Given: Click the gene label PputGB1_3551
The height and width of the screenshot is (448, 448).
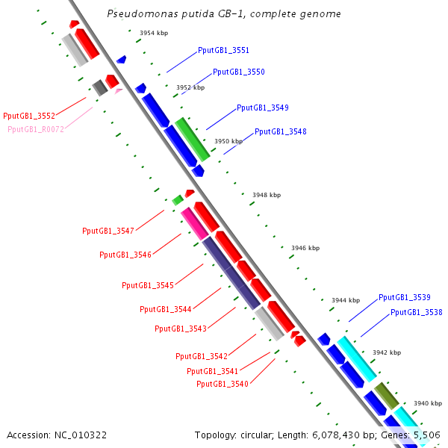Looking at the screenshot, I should coord(223,51).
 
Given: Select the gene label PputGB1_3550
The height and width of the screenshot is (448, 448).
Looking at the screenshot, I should coord(238,72).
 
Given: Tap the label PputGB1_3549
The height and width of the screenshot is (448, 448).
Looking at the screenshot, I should coord(262,108).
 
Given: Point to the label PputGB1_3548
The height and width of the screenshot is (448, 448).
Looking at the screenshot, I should coord(280,131).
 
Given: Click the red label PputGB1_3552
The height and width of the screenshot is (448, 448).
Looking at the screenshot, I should coord(29,116).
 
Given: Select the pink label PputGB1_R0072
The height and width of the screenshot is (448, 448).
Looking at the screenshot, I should coord(36,129).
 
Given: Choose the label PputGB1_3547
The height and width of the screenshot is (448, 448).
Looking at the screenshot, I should coord(108,231).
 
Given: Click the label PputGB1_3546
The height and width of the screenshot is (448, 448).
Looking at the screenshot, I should coord(125,255).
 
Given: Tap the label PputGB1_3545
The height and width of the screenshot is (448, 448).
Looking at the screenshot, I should coord(148,285).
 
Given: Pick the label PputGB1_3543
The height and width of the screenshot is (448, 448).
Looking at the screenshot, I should coord(181,329).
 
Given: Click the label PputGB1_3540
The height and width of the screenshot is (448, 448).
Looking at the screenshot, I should coord(223,384).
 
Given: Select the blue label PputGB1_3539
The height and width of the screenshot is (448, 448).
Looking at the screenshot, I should coord(404,297).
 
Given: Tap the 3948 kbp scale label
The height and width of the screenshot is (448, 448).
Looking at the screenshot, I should coord(267,195).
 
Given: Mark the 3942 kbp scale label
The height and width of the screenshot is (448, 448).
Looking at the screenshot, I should coord(386,352).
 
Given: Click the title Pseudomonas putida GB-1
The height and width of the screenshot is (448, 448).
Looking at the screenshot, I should coord(224,14).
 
